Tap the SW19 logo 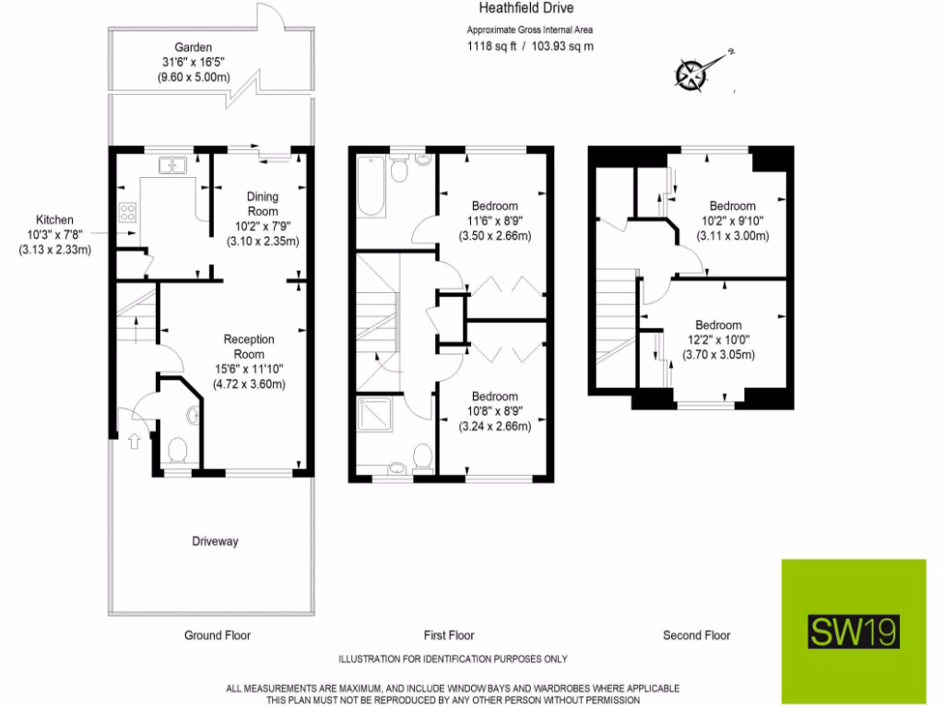pyautogui.click(x=854, y=631)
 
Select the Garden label pyautogui.click(x=194, y=48)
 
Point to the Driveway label pyautogui.click(x=214, y=541)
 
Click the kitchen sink pyautogui.click(x=172, y=165)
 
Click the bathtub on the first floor pyautogui.click(x=372, y=187)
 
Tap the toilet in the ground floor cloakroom pyautogui.click(x=179, y=451)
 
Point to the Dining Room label pyautogui.click(x=262, y=204)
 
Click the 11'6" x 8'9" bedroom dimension pyautogui.click(x=494, y=220)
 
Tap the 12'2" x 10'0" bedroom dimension pyautogui.click(x=718, y=340)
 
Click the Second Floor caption pyautogui.click(x=696, y=635)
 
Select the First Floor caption pyautogui.click(x=449, y=635)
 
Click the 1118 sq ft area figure pyautogui.click(x=490, y=44)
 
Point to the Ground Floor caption pyautogui.click(x=218, y=635)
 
